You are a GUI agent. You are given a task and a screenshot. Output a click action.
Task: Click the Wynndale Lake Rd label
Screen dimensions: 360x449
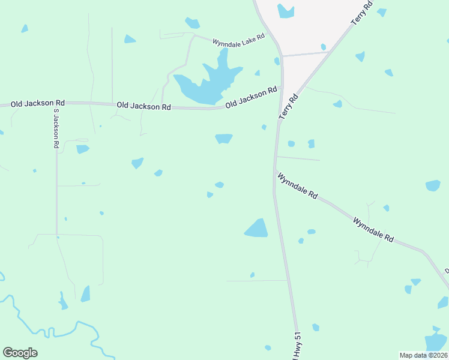point(239,40)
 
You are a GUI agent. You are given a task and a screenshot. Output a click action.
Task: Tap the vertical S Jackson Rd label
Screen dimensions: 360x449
point(55,128)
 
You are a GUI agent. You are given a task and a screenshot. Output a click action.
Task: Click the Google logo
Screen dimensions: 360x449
point(20,352)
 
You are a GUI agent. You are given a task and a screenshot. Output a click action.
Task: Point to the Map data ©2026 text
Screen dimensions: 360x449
point(423,355)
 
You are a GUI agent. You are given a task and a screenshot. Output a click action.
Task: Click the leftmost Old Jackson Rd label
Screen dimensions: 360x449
point(38,104)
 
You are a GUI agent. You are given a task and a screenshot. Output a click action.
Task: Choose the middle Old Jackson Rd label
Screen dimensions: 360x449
point(143,106)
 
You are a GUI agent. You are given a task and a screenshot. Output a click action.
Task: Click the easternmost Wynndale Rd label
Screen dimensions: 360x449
point(373,229)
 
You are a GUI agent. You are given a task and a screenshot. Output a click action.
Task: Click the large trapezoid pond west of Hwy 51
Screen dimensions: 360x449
point(257,229)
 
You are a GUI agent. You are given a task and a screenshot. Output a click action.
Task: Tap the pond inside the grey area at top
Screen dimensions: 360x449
point(285,11)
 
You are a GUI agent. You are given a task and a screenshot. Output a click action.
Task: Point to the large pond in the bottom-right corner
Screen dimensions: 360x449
point(436,341)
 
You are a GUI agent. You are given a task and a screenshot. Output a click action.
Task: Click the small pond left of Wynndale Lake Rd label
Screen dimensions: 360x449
point(192,23)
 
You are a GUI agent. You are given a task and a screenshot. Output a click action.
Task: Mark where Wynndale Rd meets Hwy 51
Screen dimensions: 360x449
point(275,173)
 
